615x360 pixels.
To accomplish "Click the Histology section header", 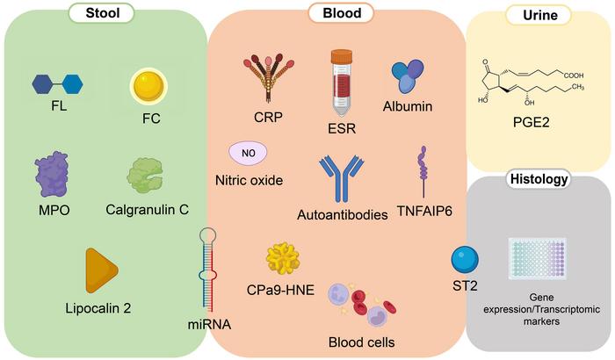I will tap(539, 180).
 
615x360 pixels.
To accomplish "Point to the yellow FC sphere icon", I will tap(147, 85).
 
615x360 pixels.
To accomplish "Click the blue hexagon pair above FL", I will tap(58, 83).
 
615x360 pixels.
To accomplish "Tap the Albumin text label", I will tap(409, 105).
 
